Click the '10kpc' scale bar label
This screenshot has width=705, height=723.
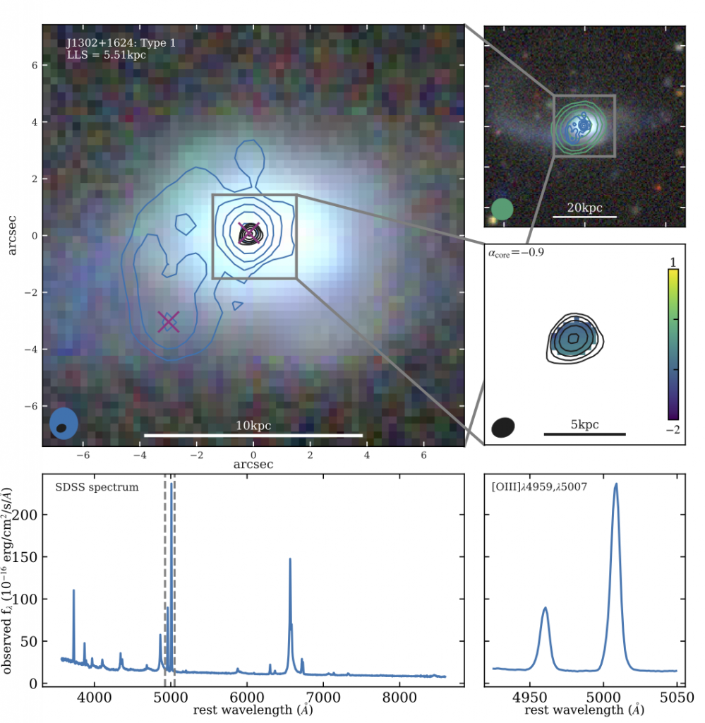click(x=253, y=426)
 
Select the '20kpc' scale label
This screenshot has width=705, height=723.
click(x=584, y=207)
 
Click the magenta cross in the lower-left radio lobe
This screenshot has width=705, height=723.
click(x=168, y=321)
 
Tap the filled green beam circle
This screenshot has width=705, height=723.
click(x=502, y=209)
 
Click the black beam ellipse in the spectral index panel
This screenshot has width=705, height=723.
click(x=504, y=426)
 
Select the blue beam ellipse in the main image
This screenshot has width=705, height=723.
click(x=64, y=424)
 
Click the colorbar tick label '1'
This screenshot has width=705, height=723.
click(x=673, y=262)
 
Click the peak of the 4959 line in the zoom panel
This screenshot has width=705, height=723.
click(x=545, y=608)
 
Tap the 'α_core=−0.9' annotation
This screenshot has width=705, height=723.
click(x=516, y=252)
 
